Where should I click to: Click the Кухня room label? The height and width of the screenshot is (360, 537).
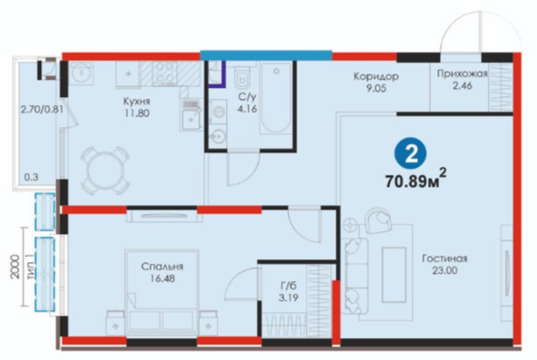[136, 102]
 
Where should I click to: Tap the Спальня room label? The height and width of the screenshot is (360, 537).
[162, 267]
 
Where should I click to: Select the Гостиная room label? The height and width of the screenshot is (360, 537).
[444, 258]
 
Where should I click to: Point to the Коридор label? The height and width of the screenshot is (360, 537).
[376, 76]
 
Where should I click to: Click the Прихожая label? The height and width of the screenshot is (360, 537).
[462, 73]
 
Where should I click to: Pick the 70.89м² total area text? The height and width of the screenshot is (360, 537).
[415, 180]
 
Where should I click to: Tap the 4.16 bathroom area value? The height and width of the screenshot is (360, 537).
[248, 109]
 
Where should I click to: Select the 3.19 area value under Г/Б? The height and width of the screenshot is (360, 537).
[288, 297]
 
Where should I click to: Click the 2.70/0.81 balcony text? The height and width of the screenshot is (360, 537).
[42, 111]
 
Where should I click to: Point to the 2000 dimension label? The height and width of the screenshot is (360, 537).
[15, 267]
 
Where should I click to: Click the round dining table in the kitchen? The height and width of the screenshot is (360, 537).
[104, 170]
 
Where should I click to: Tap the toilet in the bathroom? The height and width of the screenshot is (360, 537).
[243, 77]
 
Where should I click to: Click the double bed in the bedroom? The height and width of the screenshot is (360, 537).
[161, 292]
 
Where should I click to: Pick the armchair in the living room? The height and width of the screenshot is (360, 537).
[379, 220]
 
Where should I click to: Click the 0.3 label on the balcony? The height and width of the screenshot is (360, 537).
[32, 178]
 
